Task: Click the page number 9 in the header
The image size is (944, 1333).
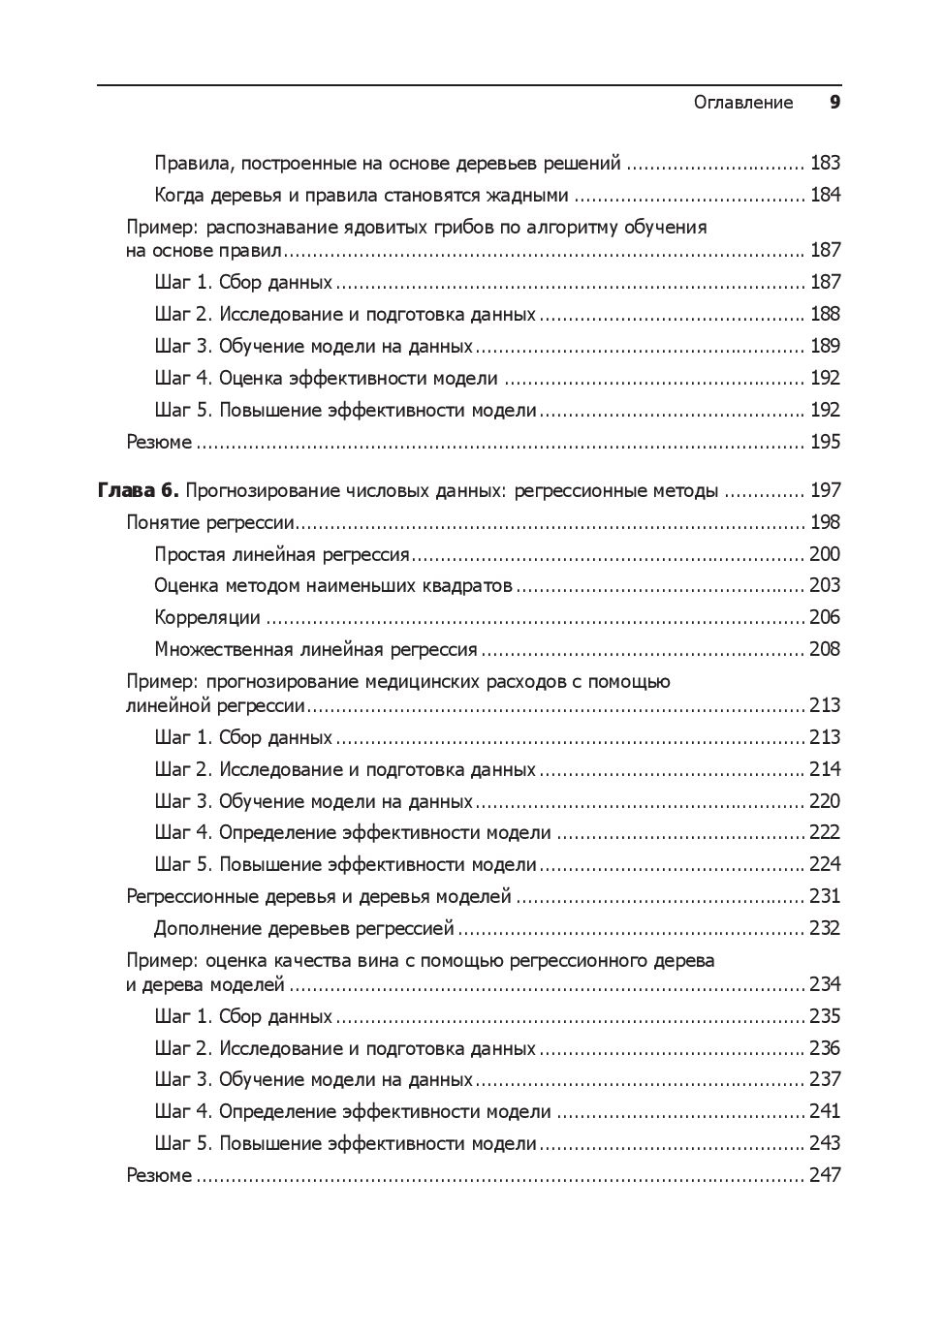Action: click(834, 103)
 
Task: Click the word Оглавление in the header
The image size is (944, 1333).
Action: click(743, 103)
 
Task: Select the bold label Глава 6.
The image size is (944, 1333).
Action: click(139, 490)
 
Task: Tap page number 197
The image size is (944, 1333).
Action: click(825, 490)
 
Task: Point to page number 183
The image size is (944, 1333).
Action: click(825, 163)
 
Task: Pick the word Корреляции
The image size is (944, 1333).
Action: click(207, 617)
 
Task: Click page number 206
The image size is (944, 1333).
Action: click(825, 617)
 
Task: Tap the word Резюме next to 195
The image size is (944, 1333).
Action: click(160, 442)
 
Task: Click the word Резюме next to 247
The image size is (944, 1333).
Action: click(160, 1175)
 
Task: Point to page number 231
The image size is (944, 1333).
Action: click(825, 896)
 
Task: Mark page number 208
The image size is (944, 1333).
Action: click(825, 649)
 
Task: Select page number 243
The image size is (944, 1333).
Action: click(825, 1143)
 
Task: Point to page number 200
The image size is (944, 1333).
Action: click(825, 554)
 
